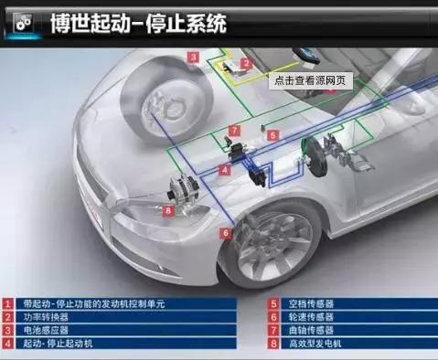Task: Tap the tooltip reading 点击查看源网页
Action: (309, 79)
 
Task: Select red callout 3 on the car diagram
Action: (194, 57)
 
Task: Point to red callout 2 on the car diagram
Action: (245, 64)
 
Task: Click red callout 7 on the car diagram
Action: (234, 131)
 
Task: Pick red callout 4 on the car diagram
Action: (225, 169)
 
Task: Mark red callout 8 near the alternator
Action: (169, 210)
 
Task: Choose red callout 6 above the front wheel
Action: (225, 233)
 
